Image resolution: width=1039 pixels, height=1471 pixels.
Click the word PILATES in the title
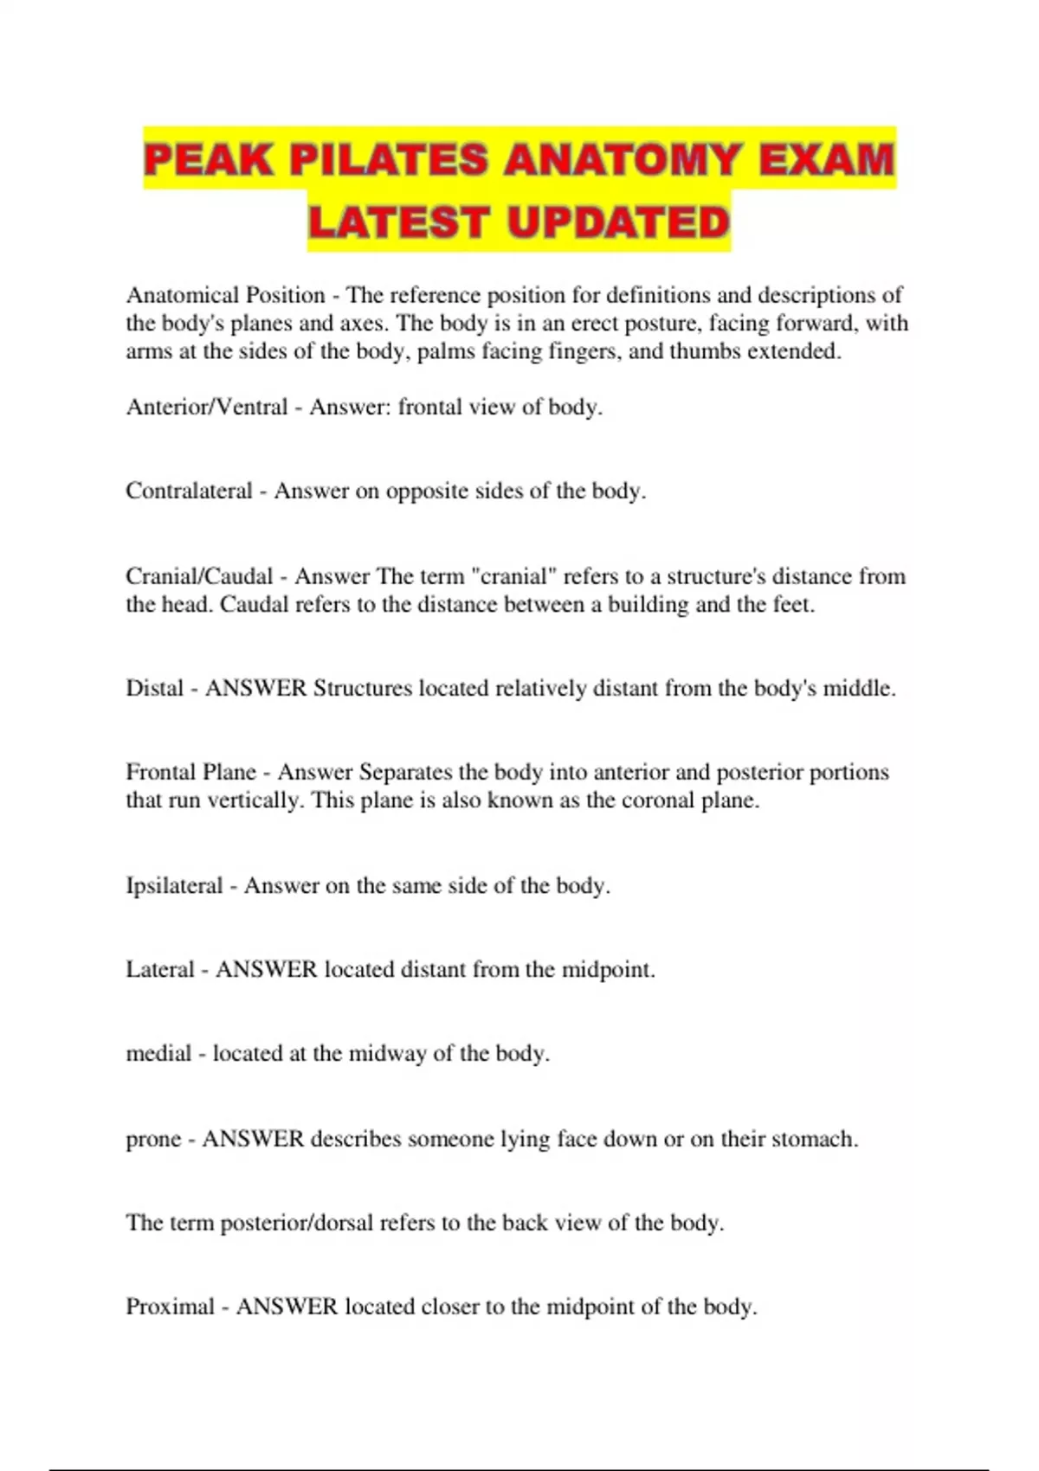click(x=389, y=161)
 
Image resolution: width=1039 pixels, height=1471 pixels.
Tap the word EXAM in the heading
click(x=826, y=161)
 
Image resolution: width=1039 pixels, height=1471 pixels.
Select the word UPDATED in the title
click(x=618, y=223)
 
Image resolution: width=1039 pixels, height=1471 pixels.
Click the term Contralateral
click(x=189, y=491)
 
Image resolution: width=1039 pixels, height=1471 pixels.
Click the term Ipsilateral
click(x=174, y=886)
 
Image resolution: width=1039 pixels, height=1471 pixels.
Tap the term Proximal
click(x=170, y=1307)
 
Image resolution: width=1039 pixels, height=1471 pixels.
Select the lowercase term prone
click(x=153, y=1140)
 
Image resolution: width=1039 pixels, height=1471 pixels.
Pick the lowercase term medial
click(x=158, y=1054)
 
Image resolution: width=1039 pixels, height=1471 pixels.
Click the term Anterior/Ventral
click(x=207, y=407)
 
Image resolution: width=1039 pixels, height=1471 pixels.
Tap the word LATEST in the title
click(x=398, y=223)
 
